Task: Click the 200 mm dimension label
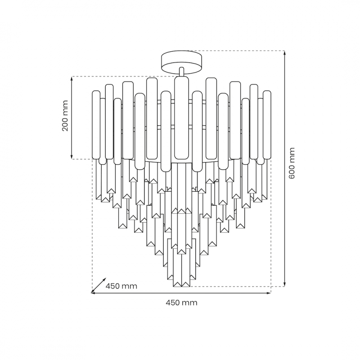pyautogui.click(x=65, y=116)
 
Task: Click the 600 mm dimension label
pyautogui.click(x=291, y=163)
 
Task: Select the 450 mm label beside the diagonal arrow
pyautogui.click(x=121, y=286)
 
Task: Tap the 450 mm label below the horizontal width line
pyautogui.click(x=181, y=302)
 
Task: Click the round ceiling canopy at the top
pyautogui.click(x=182, y=63)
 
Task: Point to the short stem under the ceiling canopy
pyautogui.click(x=182, y=72)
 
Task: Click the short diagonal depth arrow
pyautogui.click(x=99, y=285)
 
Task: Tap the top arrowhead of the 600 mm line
pyautogui.click(x=285, y=53)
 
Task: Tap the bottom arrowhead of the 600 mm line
pyautogui.click(x=285, y=284)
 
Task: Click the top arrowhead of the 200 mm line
pyautogui.click(x=72, y=79)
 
